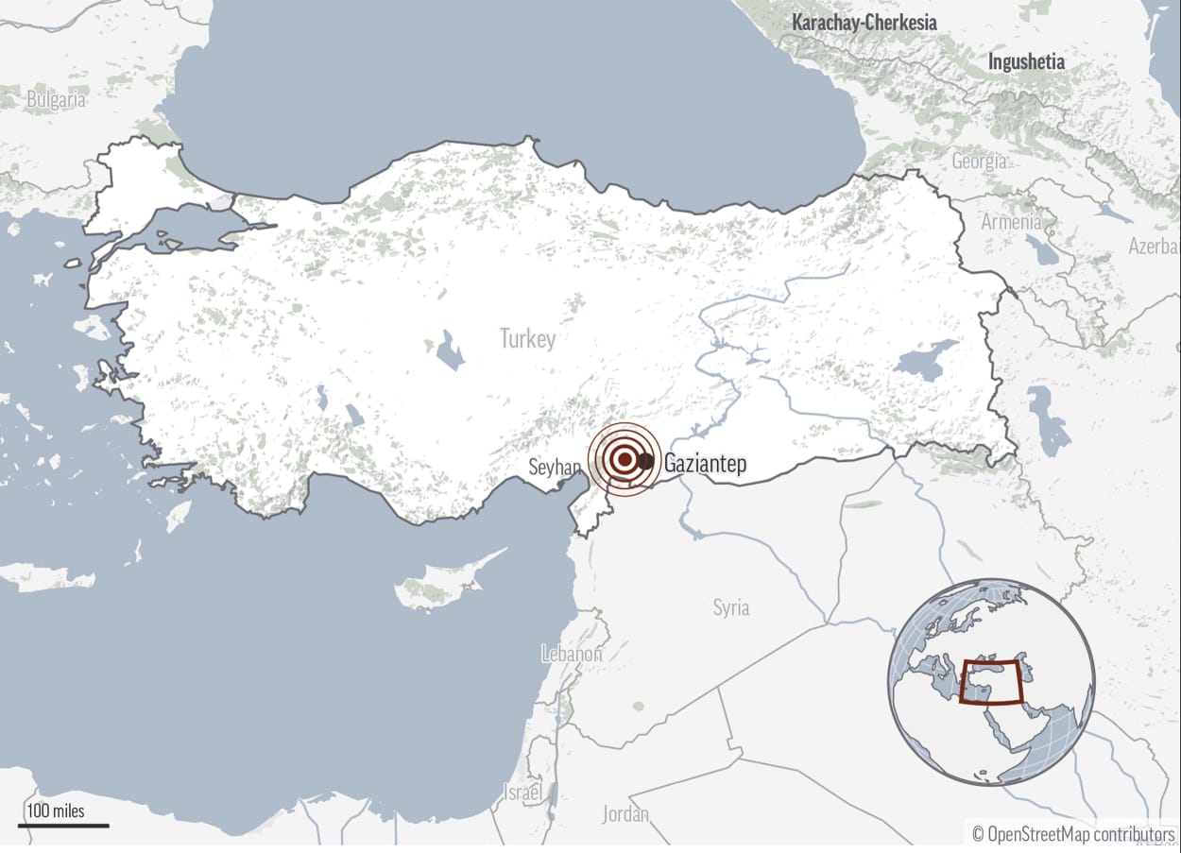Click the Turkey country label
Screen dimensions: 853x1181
coord(528,338)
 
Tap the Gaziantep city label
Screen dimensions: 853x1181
coord(705,464)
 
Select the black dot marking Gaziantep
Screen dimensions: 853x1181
coord(645,461)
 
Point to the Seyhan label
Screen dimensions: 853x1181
coord(555,467)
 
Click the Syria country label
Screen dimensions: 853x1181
coord(731,607)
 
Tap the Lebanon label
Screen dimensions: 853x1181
coord(572,653)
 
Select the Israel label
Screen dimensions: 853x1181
coord(523,792)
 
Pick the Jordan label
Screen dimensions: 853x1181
coord(625,813)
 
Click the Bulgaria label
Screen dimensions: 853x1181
coord(56,99)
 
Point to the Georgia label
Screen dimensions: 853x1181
coord(979,162)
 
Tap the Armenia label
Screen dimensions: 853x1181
coord(1011,223)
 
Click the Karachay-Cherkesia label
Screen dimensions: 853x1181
coord(864,22)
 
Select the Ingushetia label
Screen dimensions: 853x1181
coord(1026,62)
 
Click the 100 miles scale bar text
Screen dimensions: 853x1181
coord(56,810)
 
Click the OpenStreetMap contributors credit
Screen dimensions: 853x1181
coord(1073,834)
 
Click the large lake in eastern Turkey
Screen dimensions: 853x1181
coord(923,365)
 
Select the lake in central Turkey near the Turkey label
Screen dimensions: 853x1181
coord(450,351)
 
